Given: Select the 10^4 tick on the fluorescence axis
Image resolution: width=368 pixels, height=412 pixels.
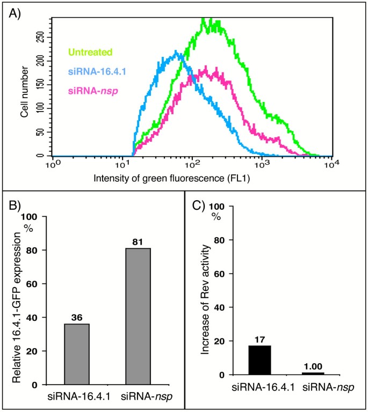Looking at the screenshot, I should [333, 163].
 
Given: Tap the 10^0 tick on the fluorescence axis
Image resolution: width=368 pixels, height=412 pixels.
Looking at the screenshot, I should [52, 163].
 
